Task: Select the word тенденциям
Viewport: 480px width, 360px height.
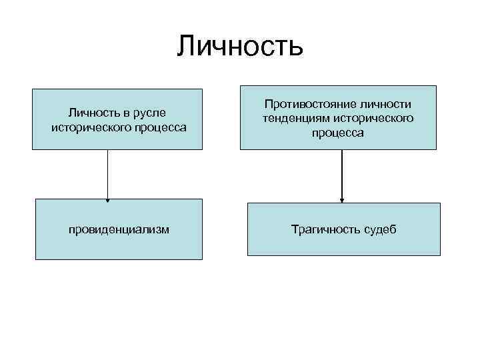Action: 293,118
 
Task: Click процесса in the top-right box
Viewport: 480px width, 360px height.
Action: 338,132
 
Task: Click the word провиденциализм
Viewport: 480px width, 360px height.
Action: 119,229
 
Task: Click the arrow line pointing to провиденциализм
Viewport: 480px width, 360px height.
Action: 107,173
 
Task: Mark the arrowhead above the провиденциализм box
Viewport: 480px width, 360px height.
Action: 107,197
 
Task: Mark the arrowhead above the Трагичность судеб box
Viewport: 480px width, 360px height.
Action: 342,199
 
